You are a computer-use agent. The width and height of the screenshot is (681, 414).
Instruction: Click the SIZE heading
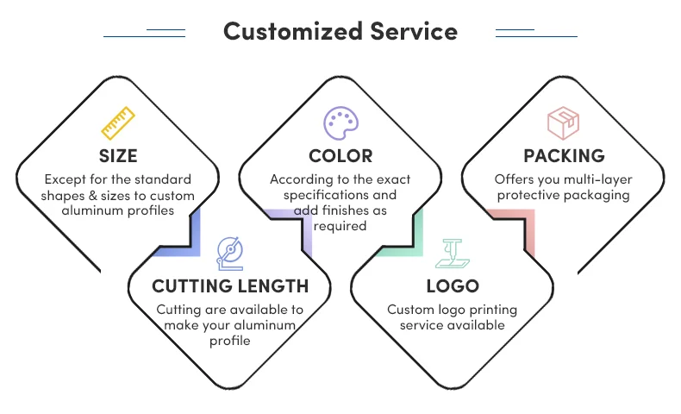[x=118, y=156]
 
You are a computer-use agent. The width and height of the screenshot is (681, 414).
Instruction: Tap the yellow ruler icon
[x=118, y=123]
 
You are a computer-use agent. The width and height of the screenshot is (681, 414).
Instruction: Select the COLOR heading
[x=340, y=156]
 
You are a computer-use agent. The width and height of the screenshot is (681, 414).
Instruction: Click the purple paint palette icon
[x=340, y=123]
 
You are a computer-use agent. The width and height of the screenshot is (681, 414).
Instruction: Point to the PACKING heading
[x=564, y=156]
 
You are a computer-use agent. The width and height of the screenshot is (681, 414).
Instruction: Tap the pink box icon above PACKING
[x=563, y=123]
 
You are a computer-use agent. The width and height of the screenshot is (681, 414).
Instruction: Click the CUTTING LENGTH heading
[x=230, y=285]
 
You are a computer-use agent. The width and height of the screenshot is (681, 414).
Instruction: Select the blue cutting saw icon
[x=230, y=252]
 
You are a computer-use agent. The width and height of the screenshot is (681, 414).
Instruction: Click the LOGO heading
[x=453, y=285]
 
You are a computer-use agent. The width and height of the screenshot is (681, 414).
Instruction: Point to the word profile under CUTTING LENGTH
[x=230, y=341]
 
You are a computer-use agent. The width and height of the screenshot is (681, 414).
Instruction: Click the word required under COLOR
[x=340, y=226]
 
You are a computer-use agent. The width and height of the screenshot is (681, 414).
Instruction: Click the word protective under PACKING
[x=527, y=195]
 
